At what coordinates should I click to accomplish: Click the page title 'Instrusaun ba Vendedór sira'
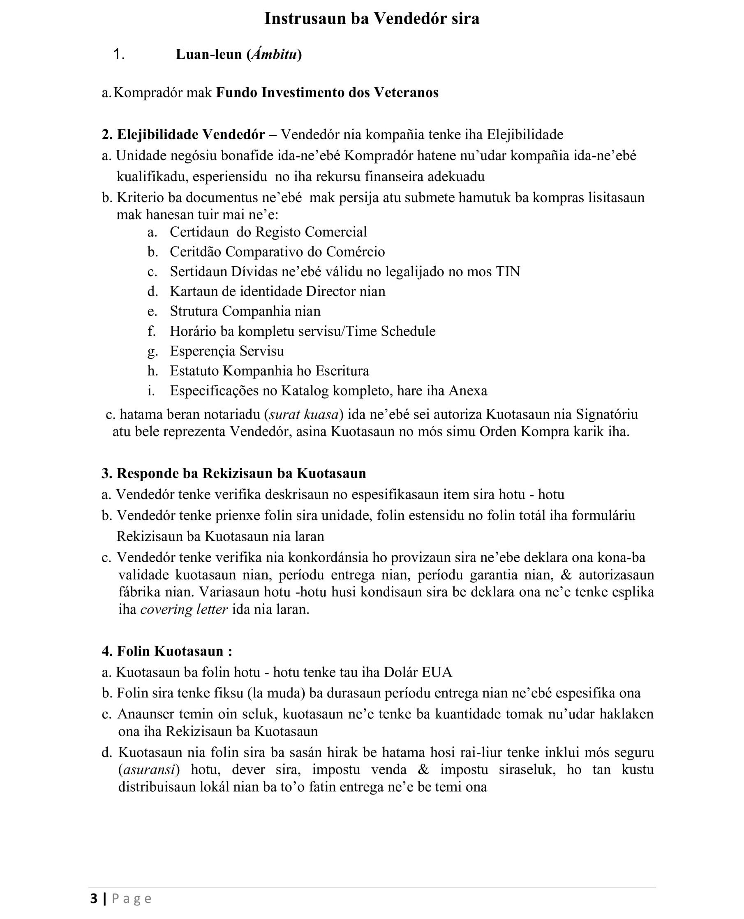pos(372,18)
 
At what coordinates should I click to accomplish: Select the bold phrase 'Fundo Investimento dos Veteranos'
pos(327,92)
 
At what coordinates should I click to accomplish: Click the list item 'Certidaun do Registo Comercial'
pos(268,232)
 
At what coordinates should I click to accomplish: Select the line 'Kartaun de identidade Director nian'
pos(277,291)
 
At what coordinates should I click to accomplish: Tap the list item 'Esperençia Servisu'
pos(227,351)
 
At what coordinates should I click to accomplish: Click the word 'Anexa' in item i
pos(468,391)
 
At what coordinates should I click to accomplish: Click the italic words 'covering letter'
pos(184,609)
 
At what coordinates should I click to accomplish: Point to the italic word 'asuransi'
pos(149,770)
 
